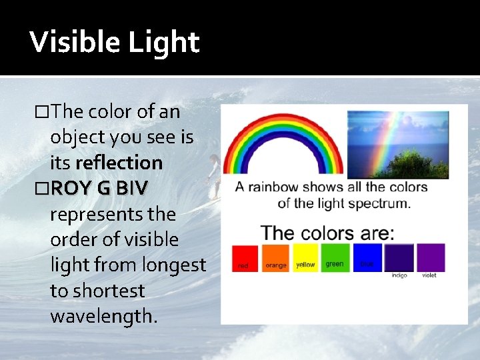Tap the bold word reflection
[x=119, y=163]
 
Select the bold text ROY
[x=73, y=189]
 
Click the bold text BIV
[x=132, y=189]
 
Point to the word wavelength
[x=104, y=316]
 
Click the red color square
[x=244, y=259]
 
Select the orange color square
[x=275, y=257]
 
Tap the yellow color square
[x=305, y=257]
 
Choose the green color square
[x=335, y=257]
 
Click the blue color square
[x=367, y=257]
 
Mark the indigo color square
[x=399, y=258]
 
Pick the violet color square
[x=430, y=257]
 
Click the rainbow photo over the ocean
[x=397, y=144]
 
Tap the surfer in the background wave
[x=213, y=173]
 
